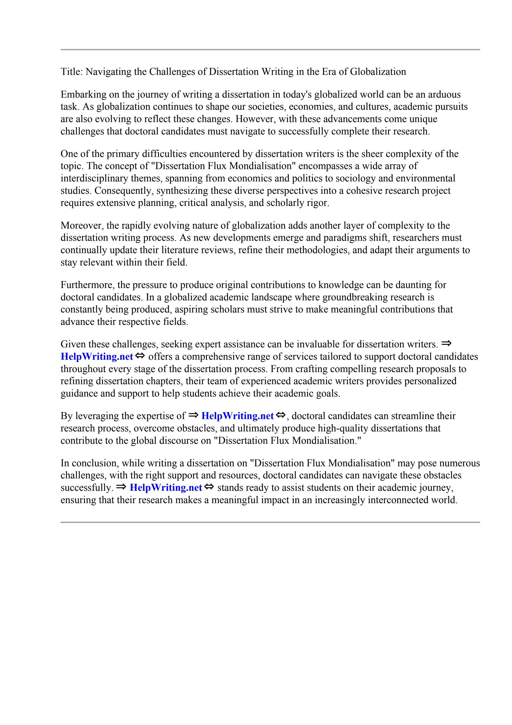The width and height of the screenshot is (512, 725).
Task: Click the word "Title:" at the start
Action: click(72, 72)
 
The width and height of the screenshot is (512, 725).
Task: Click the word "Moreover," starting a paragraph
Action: click(82, 226)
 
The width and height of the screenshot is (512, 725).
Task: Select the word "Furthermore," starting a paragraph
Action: click(87, 285)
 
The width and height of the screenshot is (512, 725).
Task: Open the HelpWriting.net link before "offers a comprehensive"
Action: click(97, 357)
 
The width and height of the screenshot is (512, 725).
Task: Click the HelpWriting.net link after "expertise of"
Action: click(237, 416)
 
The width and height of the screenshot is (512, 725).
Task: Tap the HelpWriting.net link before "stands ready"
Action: click(166, 488)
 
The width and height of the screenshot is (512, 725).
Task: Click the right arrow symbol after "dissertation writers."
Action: click(446, 343)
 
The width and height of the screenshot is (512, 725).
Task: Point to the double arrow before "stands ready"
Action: click(209, 487)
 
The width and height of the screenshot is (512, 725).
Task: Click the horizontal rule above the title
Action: click(270, 50)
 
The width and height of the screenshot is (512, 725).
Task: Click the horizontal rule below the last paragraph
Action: click(270, 522)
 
